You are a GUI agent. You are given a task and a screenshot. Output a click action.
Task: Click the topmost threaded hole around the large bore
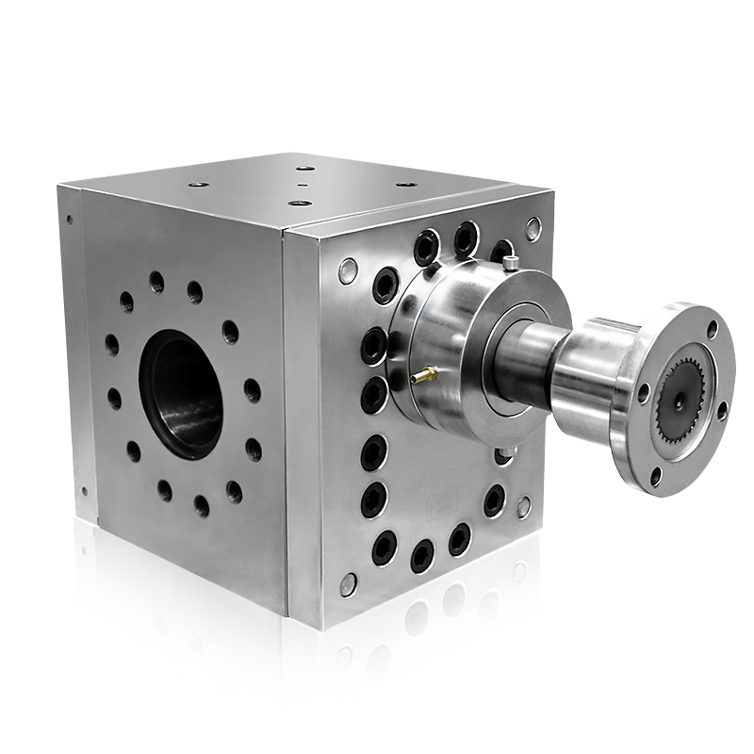[x=156, y=281]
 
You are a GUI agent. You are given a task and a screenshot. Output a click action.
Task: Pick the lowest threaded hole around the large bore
[x=202, y=506]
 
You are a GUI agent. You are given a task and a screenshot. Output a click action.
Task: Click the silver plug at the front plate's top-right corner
[x=533, y=228]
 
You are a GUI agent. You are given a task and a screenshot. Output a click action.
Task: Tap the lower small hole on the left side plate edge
[x=83, y=490]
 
